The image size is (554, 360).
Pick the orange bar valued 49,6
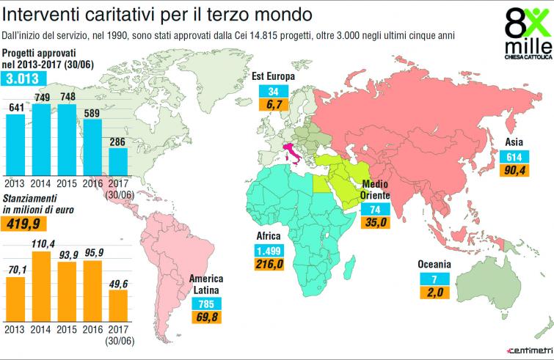(x=118, y=302)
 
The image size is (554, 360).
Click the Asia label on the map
(x=514, y=144)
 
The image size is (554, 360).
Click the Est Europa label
(x=273, y=76)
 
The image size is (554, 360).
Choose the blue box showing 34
(x=274, y=91)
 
